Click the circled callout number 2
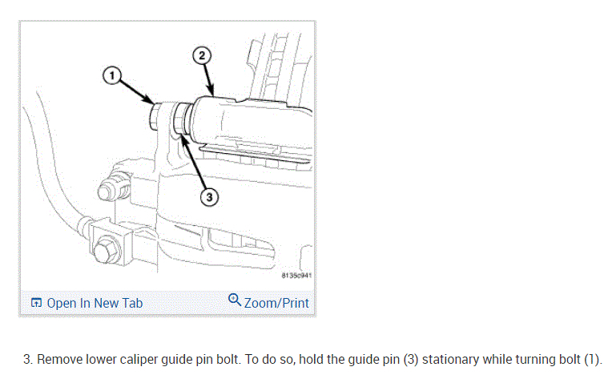[x=202, y=55]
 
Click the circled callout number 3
[x=207, y=195]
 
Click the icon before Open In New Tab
[x=36, y=303]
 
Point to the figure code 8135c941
[x=296, y=275]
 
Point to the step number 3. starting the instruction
[x=28, y=359]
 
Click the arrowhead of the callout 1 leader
[x=153, y=103]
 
